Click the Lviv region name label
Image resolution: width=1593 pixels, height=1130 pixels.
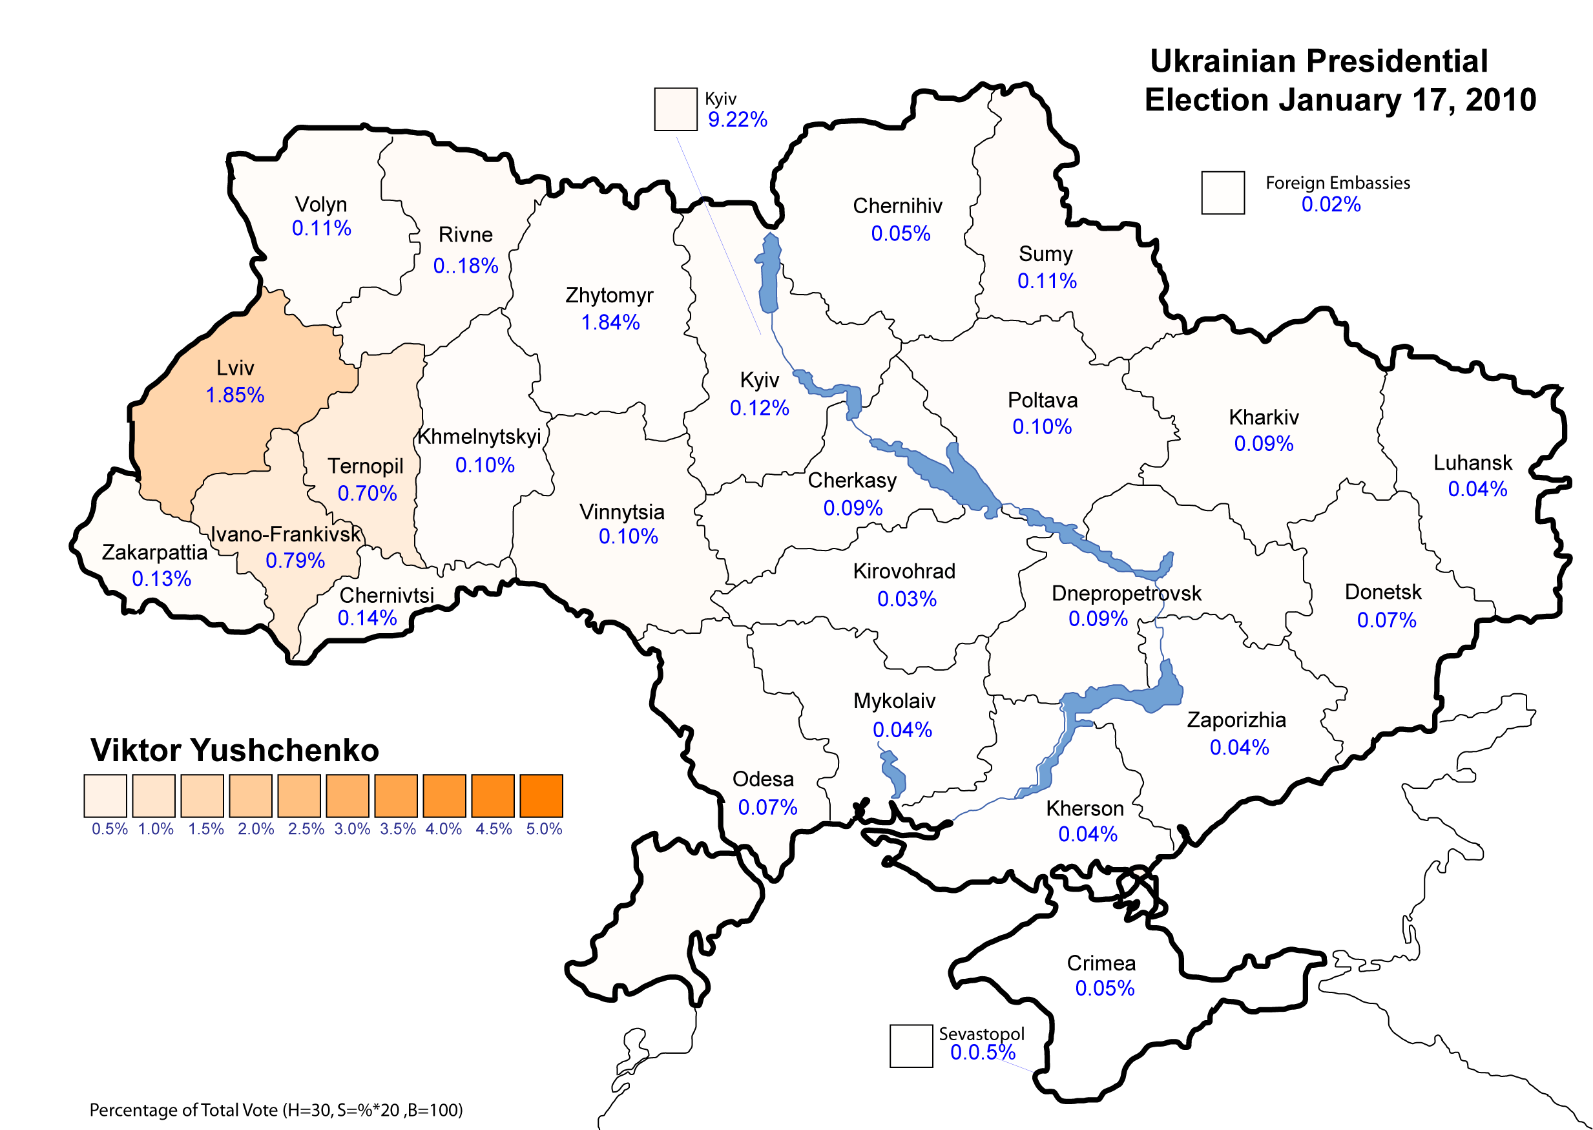coord(235,368)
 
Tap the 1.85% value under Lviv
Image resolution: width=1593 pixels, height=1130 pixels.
coord(235,395)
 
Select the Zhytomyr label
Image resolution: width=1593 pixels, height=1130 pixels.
coord(609,295)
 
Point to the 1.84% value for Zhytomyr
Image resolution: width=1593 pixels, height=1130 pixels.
coord(610,322)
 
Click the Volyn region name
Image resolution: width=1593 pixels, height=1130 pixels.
coord(320,204)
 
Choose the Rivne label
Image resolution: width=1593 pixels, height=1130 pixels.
coord(465,235)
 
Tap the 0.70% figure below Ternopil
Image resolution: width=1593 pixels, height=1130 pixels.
coord(367,494)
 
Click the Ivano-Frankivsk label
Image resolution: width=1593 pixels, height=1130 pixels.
coord(286,534)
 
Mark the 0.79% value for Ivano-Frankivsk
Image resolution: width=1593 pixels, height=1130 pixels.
coord(295,560)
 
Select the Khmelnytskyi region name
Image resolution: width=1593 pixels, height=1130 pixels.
coord(479,436)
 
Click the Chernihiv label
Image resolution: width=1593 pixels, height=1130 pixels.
coord(897,205)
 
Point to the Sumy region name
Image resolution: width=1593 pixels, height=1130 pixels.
coord(1046,253)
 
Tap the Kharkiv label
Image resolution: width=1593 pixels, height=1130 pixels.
coord(1264,417)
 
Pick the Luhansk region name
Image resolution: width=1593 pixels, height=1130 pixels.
coord(1473,462)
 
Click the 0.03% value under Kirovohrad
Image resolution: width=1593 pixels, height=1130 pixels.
coord(906,598)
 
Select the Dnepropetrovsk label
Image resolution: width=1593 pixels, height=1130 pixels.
coord(1126,593)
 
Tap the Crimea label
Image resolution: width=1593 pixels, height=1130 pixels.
coord(1101,963)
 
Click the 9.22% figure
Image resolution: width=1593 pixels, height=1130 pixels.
coord(737,119)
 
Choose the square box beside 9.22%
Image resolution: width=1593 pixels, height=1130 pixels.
coord(676,109)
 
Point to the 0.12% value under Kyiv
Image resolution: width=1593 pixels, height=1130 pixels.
coord(759,408)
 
